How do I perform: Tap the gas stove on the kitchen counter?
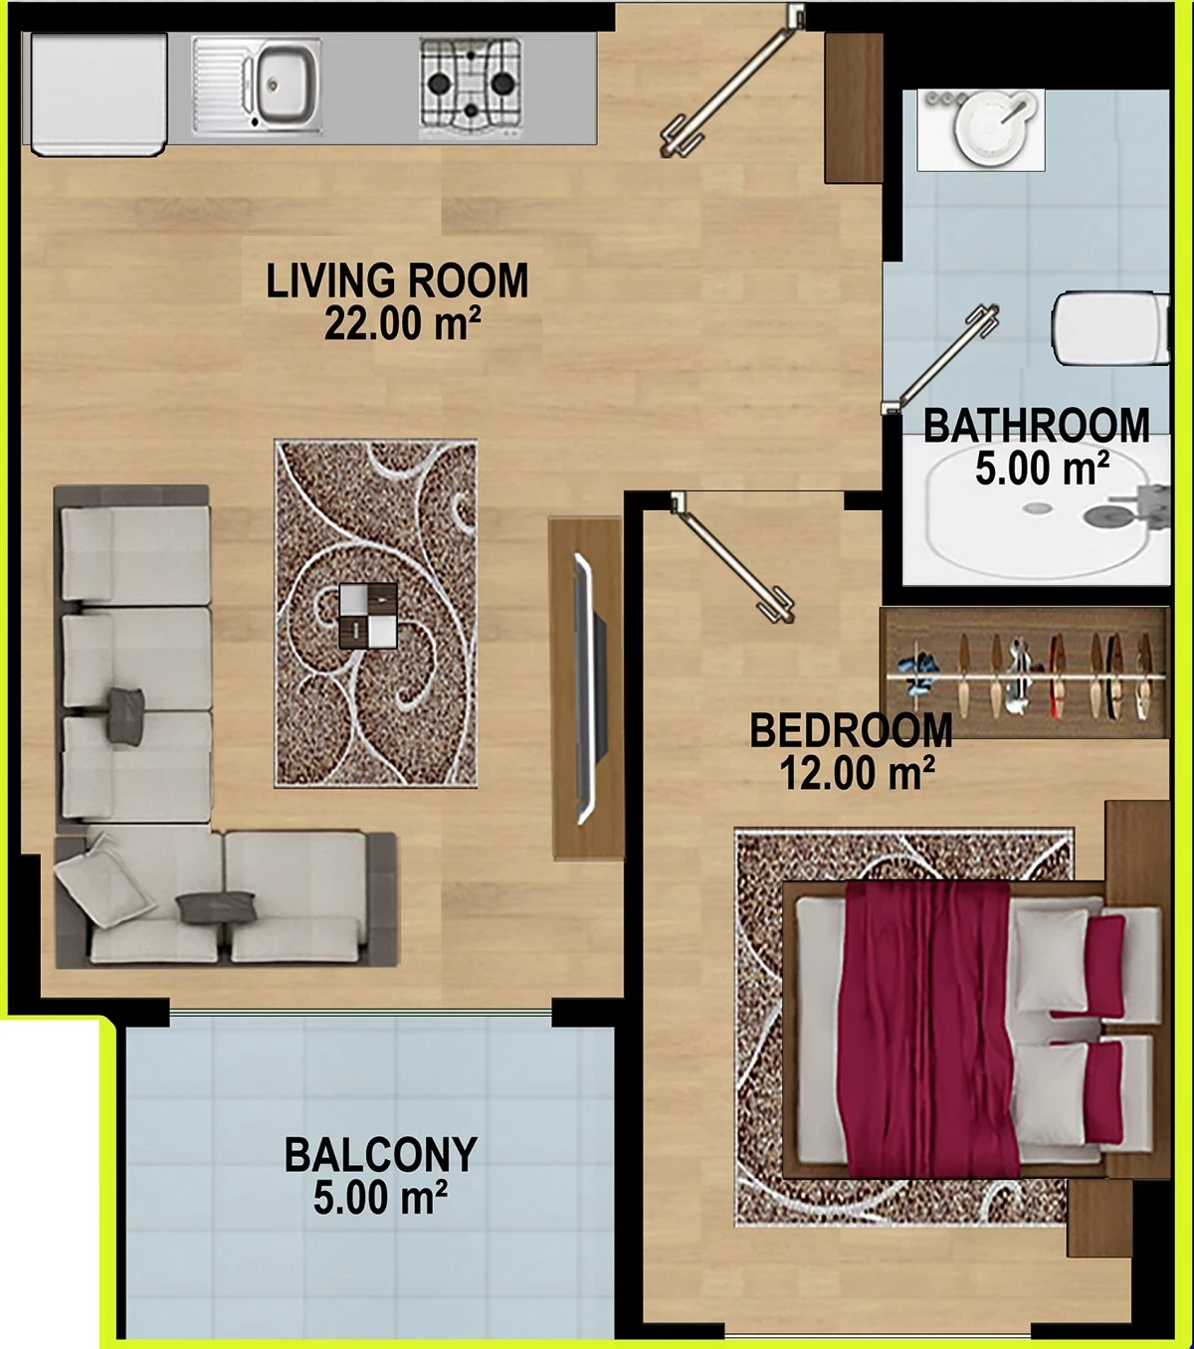(471, 87)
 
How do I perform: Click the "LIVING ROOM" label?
(397, 281)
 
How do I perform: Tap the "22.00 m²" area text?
(402, 323)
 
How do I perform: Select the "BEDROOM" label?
(851, 730)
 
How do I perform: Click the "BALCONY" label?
(381, 1155)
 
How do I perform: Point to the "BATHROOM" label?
(1036, 426)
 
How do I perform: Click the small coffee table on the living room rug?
(368, 616)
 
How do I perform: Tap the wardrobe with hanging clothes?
(1026, 673)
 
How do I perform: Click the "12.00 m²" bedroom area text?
(857, 772)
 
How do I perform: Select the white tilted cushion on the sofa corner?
(101, 881)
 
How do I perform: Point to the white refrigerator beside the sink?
(98, 95)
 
